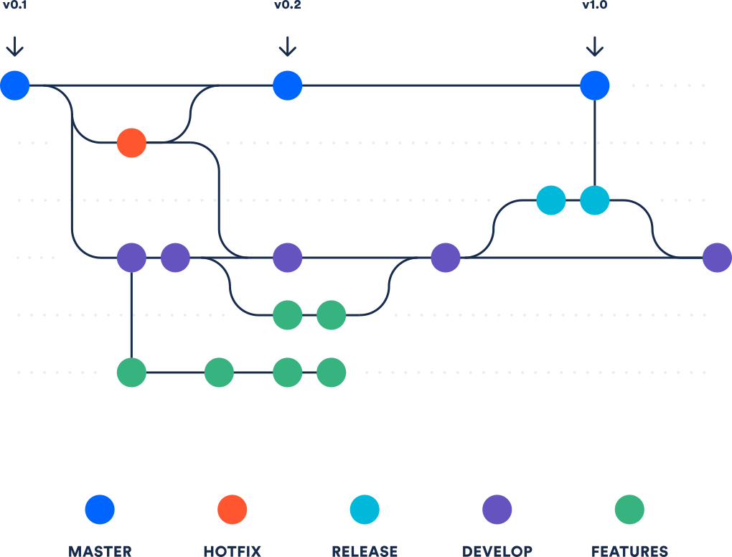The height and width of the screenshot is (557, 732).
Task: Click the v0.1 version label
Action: (14, 6)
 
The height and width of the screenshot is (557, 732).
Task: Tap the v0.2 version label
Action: (287, 6)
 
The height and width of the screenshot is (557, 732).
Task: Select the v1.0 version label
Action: (594, 6)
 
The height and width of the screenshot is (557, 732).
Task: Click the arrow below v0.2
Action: (287, 47)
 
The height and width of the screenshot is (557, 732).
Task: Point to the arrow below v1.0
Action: (594, 47)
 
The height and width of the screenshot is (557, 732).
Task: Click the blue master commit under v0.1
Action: (14, 85)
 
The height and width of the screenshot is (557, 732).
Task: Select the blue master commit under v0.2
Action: (287, 85)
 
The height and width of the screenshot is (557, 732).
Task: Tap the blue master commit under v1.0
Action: (594, 85)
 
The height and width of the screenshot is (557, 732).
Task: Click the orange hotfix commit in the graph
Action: (131, 143)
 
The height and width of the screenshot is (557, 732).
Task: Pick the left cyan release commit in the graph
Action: (551, 200)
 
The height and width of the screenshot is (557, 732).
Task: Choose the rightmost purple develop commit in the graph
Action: (716, 258)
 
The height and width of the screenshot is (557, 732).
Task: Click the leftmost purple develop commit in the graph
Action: (131, 258)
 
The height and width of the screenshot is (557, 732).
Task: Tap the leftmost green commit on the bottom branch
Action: (131, 373)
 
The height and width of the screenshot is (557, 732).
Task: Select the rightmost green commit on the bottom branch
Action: (331, 373)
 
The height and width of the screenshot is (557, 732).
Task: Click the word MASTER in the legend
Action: (100, 551)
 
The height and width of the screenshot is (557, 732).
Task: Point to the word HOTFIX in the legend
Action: (232, 551)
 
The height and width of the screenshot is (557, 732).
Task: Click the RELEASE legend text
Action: (365, 551)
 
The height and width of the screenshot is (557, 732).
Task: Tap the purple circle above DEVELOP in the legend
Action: (497, 510)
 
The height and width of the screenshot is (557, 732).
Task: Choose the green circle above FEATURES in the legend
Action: (629, 510)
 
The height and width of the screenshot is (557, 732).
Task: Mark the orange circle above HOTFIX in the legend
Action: (232, 510)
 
